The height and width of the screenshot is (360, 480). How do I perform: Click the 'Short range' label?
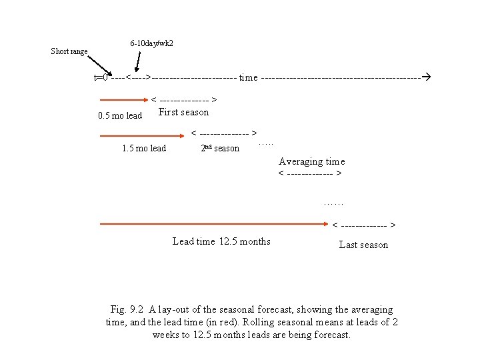pos(69,51)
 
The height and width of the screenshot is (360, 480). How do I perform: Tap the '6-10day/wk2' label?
pos(152,43)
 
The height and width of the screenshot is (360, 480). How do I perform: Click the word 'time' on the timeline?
pos(248,77)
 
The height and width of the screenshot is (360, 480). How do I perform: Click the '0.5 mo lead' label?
pos(120,115)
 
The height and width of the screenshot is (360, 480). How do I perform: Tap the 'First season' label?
pos(183,112)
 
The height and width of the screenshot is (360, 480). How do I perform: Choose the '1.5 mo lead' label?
pos(144,148)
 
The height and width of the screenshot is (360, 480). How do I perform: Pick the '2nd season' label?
pos(220,148)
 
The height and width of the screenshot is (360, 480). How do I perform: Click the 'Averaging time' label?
pos(311,161)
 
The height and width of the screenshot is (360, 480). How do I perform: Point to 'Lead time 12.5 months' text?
pos(221,241)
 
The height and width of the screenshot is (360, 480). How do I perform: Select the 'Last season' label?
pos(363,245)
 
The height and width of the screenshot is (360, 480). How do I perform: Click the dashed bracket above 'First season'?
pos(185,101)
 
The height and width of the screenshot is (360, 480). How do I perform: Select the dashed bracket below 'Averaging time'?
pos(311,175)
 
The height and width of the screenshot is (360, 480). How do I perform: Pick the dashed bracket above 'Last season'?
pos(365,225)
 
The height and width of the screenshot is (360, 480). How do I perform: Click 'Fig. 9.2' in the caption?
pos(128,309)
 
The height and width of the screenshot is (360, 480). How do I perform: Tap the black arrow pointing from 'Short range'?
pos(101,64)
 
